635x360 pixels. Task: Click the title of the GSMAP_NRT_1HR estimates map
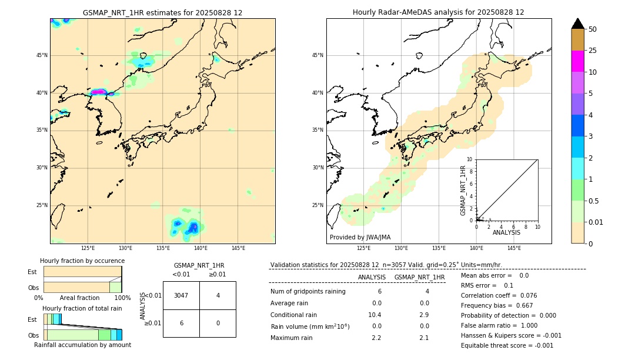click(x=162, y=12)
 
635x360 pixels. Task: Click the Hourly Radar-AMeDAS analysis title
click(x=438, y=12)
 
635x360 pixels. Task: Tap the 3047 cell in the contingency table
click(x=181, y=295)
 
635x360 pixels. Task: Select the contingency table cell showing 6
click(x=181, y=323)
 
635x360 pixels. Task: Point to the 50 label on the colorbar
click(x=593, y=29)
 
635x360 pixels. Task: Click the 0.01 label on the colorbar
click(x=596, y=222)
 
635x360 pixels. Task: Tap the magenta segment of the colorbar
click(x=577, y=61)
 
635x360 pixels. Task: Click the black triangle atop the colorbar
click(x=577, y=24)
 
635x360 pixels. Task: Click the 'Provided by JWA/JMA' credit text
click(x=360, y=237)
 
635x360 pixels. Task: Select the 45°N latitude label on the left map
click(x=42, y=55)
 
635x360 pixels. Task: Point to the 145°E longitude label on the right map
click(x=514, y=248)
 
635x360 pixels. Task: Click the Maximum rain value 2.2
click(x=376, y=338)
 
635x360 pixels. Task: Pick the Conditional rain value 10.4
click(x=375, y=315)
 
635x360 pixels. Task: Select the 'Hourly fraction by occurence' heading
click(x=82, y=261)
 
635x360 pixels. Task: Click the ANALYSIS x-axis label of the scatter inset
click(x=506, y=232)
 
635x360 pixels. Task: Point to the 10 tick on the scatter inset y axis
click(x=470, y=159)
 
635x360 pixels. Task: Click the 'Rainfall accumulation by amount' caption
click(x=82, y=345)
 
